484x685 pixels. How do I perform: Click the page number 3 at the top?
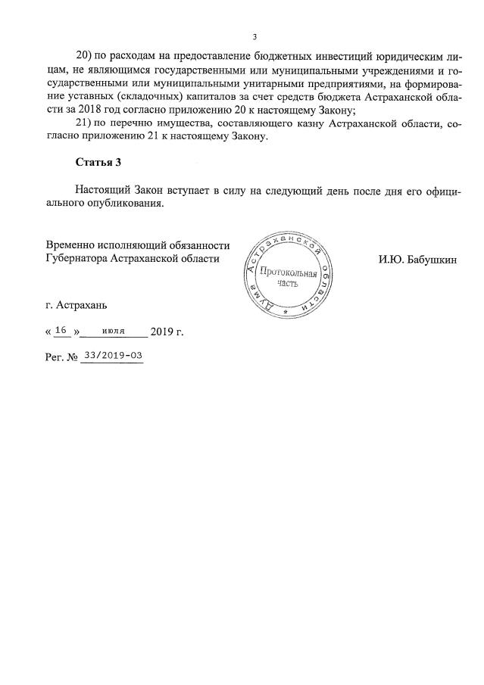(x=254, y=36)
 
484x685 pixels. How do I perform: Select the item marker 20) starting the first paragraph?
(x=85, y=56)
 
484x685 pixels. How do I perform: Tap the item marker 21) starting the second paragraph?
(x=85, y=123)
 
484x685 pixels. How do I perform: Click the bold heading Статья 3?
(x=98, y=163)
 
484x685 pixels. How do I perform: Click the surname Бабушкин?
(x=430, y=259)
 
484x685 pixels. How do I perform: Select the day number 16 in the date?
(x=62, y=331)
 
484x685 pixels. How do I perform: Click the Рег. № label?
(x=62, y=356)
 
